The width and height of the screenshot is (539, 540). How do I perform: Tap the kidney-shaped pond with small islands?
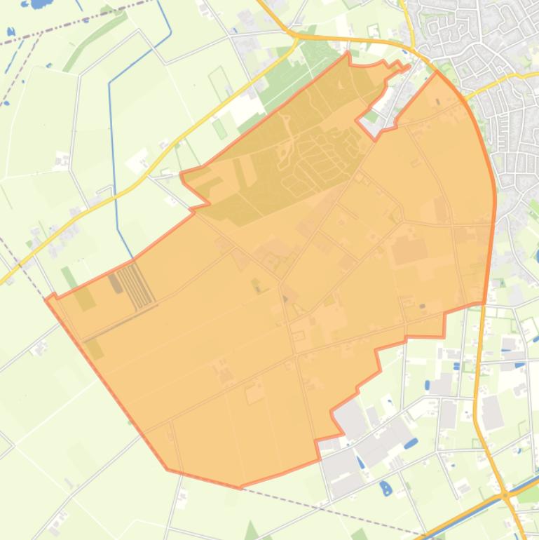coord(385,487)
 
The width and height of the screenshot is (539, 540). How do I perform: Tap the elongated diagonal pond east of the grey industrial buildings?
coord(410,443)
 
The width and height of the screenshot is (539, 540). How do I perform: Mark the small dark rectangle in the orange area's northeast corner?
coord(439,102)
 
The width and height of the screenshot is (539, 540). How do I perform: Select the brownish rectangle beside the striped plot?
coord(115,283)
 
